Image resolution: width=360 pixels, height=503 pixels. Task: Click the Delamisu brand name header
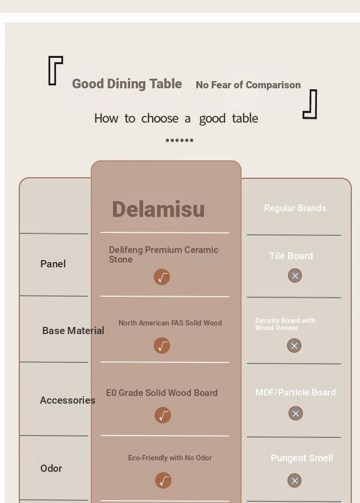click(x=158, y=209)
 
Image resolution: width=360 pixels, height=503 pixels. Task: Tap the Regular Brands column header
click(x=295, y=208)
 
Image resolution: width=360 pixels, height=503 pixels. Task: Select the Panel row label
click(x=53, y=263)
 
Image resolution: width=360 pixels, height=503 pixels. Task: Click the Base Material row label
click(x=73, y=330)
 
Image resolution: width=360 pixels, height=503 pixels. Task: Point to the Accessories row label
click(x=67, y=400)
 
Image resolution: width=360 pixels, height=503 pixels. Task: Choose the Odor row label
click(x=51, y=468)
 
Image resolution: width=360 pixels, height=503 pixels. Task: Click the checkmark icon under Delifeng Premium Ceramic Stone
click(x=162, y=277)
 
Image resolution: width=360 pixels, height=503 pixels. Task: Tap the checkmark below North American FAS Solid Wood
click(x=162, y=346)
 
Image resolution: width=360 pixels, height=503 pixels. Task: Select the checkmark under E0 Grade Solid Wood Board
click(x=163, y=415)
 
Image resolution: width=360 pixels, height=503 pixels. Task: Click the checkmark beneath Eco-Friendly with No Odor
click(x=163, y=480)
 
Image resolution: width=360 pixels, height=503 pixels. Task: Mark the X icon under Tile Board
click(x=295, y=275)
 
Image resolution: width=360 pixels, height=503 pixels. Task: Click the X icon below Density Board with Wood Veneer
click(x=294, y=346)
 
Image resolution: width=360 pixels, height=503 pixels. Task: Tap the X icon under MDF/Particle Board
click(x=296, y=413)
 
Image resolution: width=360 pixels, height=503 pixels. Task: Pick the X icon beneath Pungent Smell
click(x=294, y=480)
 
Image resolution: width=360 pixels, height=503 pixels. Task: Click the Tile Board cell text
click(x=291, y=256)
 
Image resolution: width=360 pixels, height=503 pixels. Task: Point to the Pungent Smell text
click(x=301, y=458)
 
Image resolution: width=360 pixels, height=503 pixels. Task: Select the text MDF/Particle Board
click(x=296, y=392)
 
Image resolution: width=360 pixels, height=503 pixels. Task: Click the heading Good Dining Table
click(x=127, y=84)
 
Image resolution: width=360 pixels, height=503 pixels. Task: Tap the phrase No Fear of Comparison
click(x=248, y=84)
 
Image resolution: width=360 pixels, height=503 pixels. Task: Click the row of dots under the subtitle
click(x=180, y=140)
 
